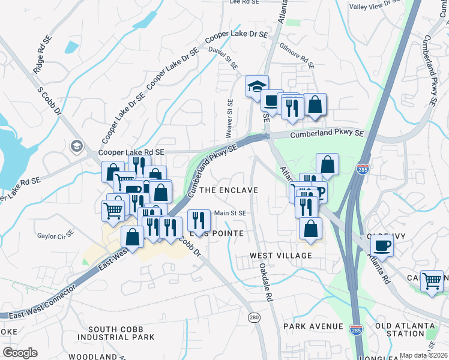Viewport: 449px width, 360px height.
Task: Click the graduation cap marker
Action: pyautogui.click(x=256, y=86)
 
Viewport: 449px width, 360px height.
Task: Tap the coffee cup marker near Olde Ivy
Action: pyautogui.click(x=382, y=245)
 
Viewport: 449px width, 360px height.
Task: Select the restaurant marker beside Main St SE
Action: pyautogui.click(x=199, y=220)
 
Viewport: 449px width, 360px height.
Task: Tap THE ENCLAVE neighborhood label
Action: pyautogui.click(x=228, y=190)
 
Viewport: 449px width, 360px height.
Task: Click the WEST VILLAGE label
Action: pyautogui.click(x=281, y=256)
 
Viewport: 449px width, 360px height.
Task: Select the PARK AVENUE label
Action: pyautogui.click(x=313, y=327)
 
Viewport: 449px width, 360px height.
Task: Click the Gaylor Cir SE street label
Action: pyautogui.click(x=55, y=235)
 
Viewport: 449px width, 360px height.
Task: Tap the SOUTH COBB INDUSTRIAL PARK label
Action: pyautogui.click(x=124, y=334)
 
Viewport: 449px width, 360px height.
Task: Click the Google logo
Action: pyautogui.click(x=20, y=352)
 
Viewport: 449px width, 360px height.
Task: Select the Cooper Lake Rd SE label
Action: pyautogui.click(x=131, y=153)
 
